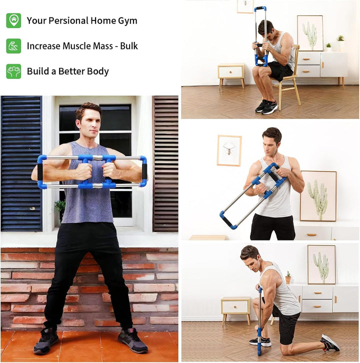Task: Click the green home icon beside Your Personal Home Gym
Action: coord(13,20)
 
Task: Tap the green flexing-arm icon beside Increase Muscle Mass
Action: coord(13,46)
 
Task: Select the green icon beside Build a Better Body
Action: coord(13,71)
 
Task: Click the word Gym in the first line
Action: coord(127,21)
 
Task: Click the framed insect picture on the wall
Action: coord(229,150)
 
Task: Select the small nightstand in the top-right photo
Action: coord(230,74)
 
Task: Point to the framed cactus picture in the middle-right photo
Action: coord(318,195)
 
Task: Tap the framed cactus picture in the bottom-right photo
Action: coord(321,264)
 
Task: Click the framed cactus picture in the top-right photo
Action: coord(310,33)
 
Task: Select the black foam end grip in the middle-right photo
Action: coord(228,219)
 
